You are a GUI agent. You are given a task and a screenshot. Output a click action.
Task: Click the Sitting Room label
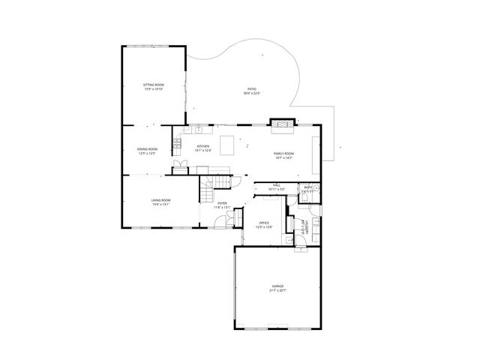coord(153,85)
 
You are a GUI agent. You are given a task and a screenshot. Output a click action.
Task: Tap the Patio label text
coord(250,89)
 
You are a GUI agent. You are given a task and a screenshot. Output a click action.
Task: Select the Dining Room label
coord(147,149)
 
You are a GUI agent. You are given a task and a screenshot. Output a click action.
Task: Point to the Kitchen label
coord(203,146)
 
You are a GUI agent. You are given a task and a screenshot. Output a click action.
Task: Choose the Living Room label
coord(160,200)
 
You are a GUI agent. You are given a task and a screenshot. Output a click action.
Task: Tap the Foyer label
coord(223,203)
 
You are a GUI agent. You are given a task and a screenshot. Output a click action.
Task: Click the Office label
coord(264,223)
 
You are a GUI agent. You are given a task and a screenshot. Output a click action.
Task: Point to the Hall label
coord(277,184)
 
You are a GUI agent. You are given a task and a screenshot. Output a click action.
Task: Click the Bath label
coord(307,187)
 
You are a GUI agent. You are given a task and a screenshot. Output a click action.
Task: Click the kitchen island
coord(227,143)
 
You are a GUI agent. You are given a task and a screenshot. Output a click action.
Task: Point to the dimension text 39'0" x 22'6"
coord(250,94)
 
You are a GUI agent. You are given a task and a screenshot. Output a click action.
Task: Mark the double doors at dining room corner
coord(180,166)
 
